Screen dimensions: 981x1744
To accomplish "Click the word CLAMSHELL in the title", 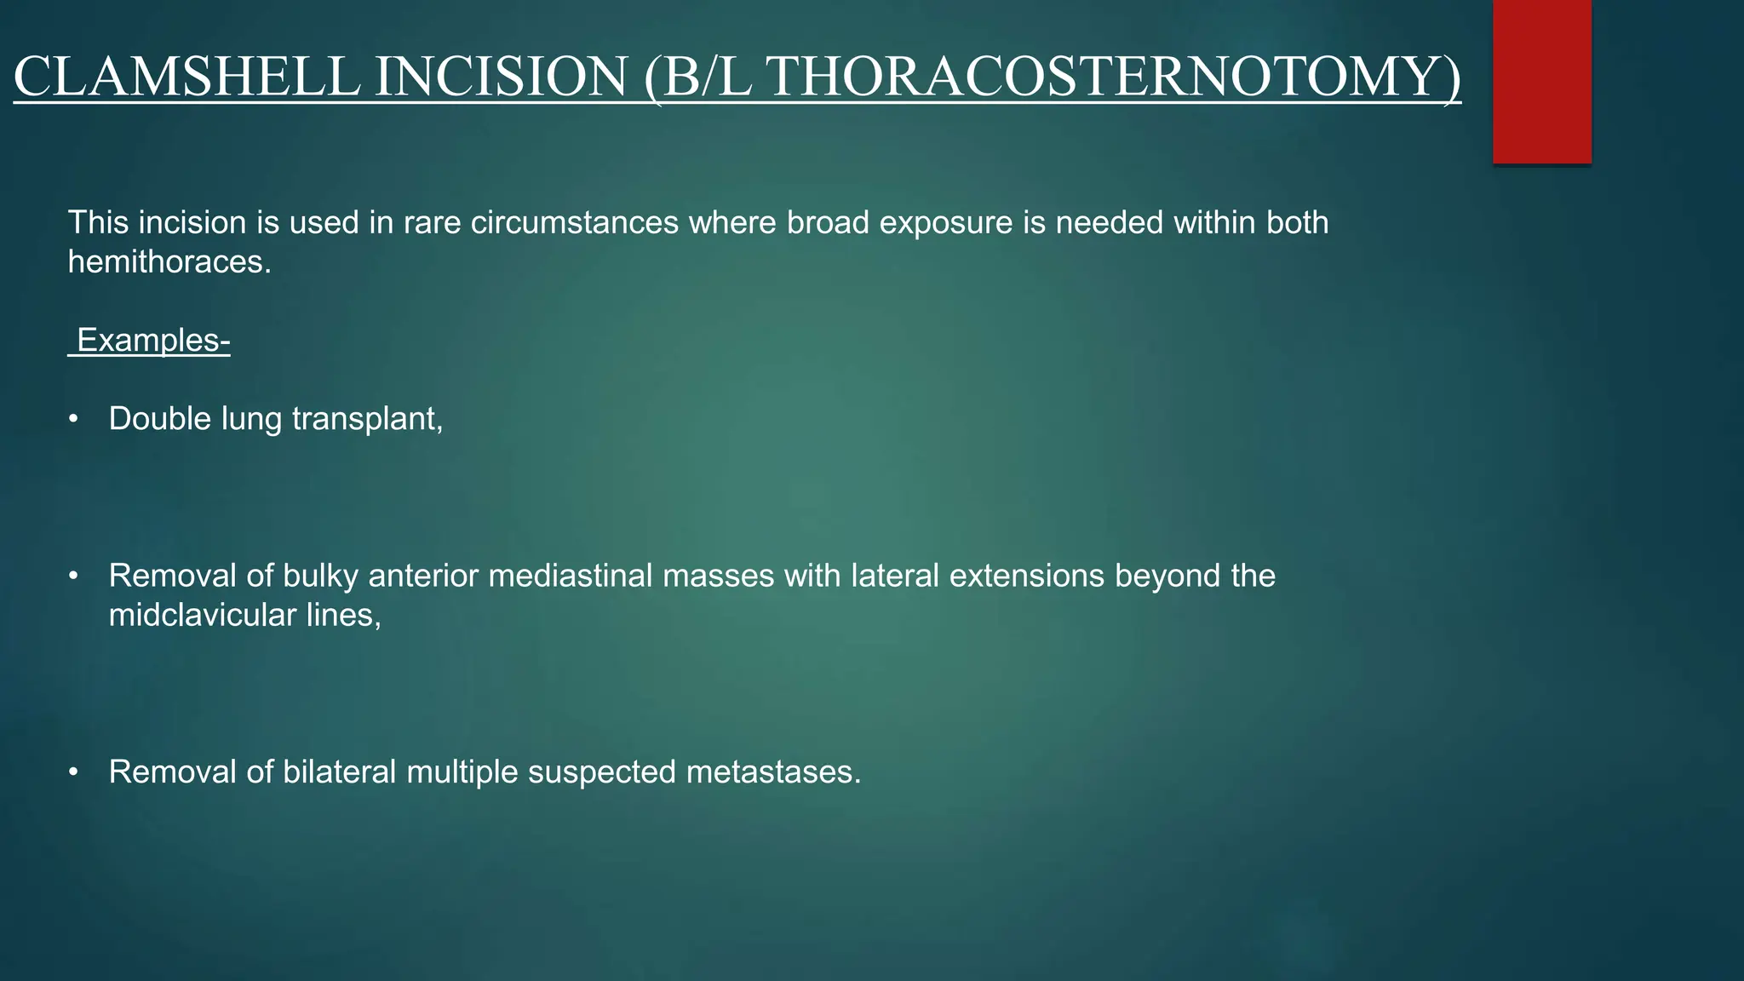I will tap(186, 77).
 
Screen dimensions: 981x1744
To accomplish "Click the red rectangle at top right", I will tap(1541, 81).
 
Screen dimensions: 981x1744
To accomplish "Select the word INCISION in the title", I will tap(502, 77).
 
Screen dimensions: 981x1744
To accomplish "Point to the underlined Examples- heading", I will tap(150, 341).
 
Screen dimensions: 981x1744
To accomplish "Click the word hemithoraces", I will tap(169, 262).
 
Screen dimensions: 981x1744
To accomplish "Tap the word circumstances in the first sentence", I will tap(575, 223).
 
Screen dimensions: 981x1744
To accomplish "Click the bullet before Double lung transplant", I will tap(74, 419).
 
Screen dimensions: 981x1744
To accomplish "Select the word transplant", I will tap(366, 419).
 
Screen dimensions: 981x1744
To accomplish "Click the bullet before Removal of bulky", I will tap(74, 577).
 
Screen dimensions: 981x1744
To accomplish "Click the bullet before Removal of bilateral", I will tap(74, 772).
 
